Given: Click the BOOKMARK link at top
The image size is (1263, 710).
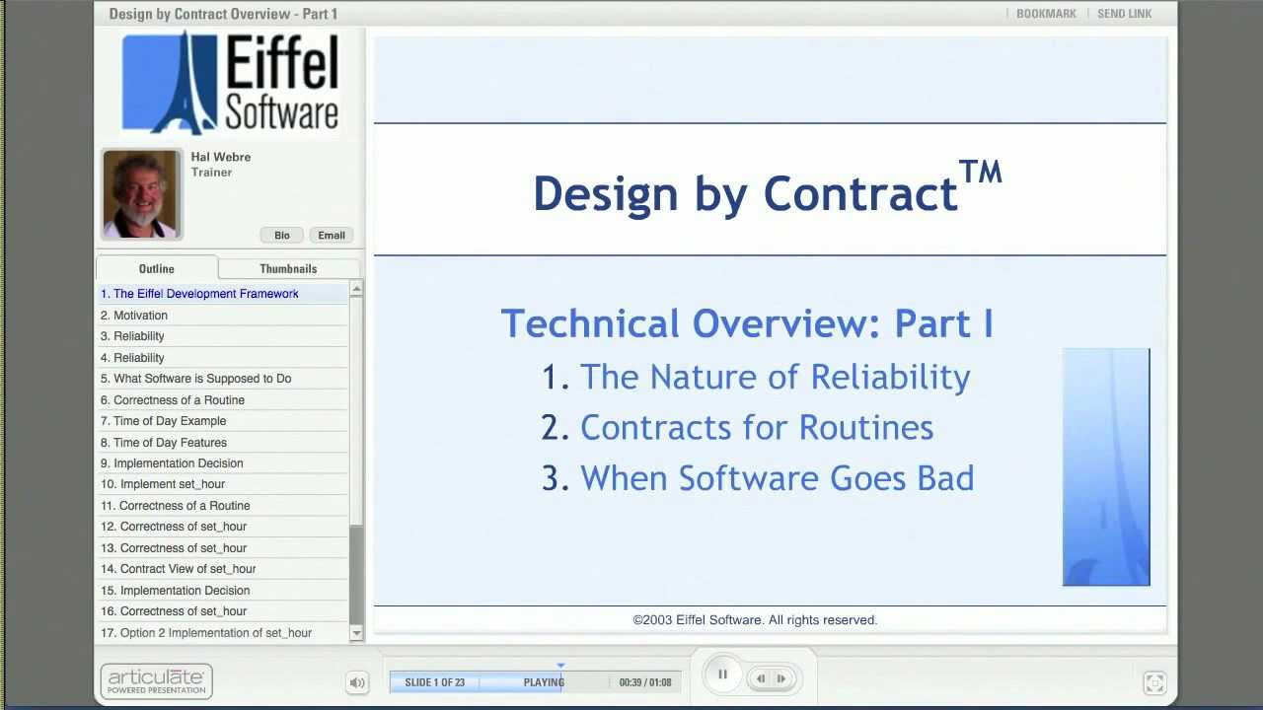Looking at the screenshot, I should click(x=1046, y=14).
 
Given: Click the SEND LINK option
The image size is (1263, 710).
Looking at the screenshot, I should click(x=1124, y=14).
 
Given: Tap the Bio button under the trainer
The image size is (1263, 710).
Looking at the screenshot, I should click(x=282, y=235).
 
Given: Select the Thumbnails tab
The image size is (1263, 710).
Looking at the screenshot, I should click(x=288, y=268).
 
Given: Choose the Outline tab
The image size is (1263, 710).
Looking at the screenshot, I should click(x=156, y=268).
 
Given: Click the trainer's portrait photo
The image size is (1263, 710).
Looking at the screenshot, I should click(x=141, y=194).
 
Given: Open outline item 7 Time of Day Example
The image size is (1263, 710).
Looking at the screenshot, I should click(x=170, y=421).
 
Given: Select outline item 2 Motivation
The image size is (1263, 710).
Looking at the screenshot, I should click(x=140, y=316).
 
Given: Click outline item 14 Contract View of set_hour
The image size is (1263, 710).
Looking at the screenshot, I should click(x=187, y=569).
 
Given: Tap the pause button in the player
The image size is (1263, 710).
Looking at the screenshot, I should click(x=722, y=675).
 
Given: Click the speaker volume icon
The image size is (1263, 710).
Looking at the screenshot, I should click(x=357, y=682).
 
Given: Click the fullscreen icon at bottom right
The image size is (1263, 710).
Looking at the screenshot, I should click(x=1153, y=682).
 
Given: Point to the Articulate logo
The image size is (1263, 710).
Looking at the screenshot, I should click(x=156, y=680).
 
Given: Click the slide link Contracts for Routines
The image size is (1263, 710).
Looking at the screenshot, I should click(x=756, y=428).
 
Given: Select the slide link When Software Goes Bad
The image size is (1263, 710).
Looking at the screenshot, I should click(x=777, y=478).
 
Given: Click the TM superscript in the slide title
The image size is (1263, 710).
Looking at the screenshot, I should click(x=981, y=173).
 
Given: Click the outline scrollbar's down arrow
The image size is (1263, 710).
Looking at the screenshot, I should click(x=356, y=633).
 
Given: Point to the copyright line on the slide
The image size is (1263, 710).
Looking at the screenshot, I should click(x=755, y=620).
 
